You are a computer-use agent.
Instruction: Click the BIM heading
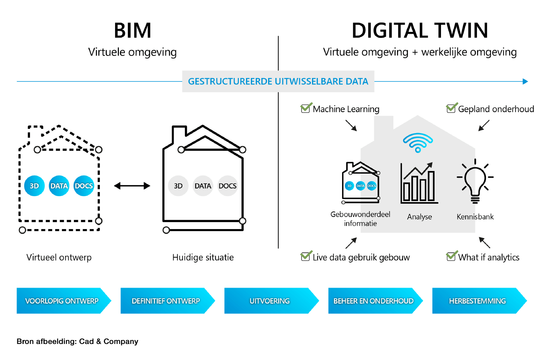click(132, 31)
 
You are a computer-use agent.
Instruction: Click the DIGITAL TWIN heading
click(420, 31)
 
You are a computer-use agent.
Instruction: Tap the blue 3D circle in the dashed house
click(34, 186)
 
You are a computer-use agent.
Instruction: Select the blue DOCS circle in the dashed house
click(84, 186)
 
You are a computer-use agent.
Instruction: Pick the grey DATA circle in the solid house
click(203, 186)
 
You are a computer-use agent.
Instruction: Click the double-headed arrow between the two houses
click(132, 186)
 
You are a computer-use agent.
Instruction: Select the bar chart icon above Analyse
click(419, 184)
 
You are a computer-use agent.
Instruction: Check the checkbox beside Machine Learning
click(306, 108)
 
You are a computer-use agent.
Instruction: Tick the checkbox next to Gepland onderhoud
click(451, 108)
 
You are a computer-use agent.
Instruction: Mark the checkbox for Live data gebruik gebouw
click(306, 256)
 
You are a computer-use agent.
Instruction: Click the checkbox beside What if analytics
click(451, 256)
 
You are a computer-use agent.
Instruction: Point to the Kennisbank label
click(475, 217)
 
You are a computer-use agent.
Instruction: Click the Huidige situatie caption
click(203, 257)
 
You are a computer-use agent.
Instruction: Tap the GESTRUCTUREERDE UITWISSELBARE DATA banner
click(278, 81)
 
